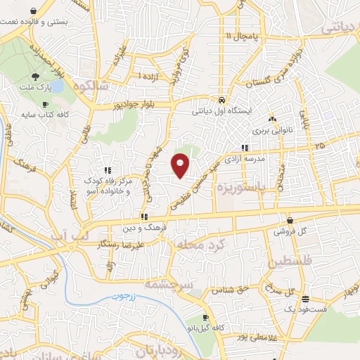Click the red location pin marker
tap(181, 165)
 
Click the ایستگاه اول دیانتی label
tap(221, 111)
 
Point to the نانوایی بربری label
tap(271, 131)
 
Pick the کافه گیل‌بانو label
tap(204, 328)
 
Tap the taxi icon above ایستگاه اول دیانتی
tap(221, 100)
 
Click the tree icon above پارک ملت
tap(34, 77)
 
